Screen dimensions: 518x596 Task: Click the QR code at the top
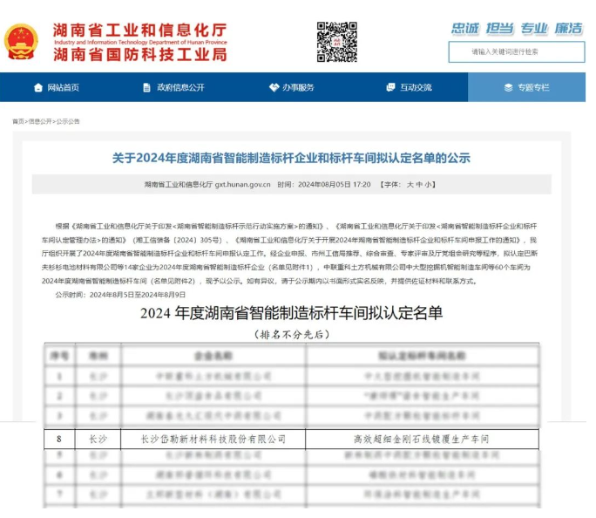point(336,41)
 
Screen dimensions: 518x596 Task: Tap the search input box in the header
point(517,51)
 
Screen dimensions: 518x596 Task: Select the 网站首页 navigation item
point(57,87)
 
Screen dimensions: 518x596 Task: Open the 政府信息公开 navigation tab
point(173,87)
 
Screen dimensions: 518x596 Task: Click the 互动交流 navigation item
point(409,87)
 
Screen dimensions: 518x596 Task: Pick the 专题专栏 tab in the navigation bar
point(526,87)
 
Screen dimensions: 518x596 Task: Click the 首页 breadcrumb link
point(17,121)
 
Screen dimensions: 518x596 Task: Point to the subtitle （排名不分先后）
point(291,334)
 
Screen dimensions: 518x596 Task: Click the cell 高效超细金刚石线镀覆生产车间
point(422,439)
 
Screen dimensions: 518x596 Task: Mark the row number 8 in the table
point(59,439)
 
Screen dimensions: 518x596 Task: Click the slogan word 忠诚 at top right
point(465,28)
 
